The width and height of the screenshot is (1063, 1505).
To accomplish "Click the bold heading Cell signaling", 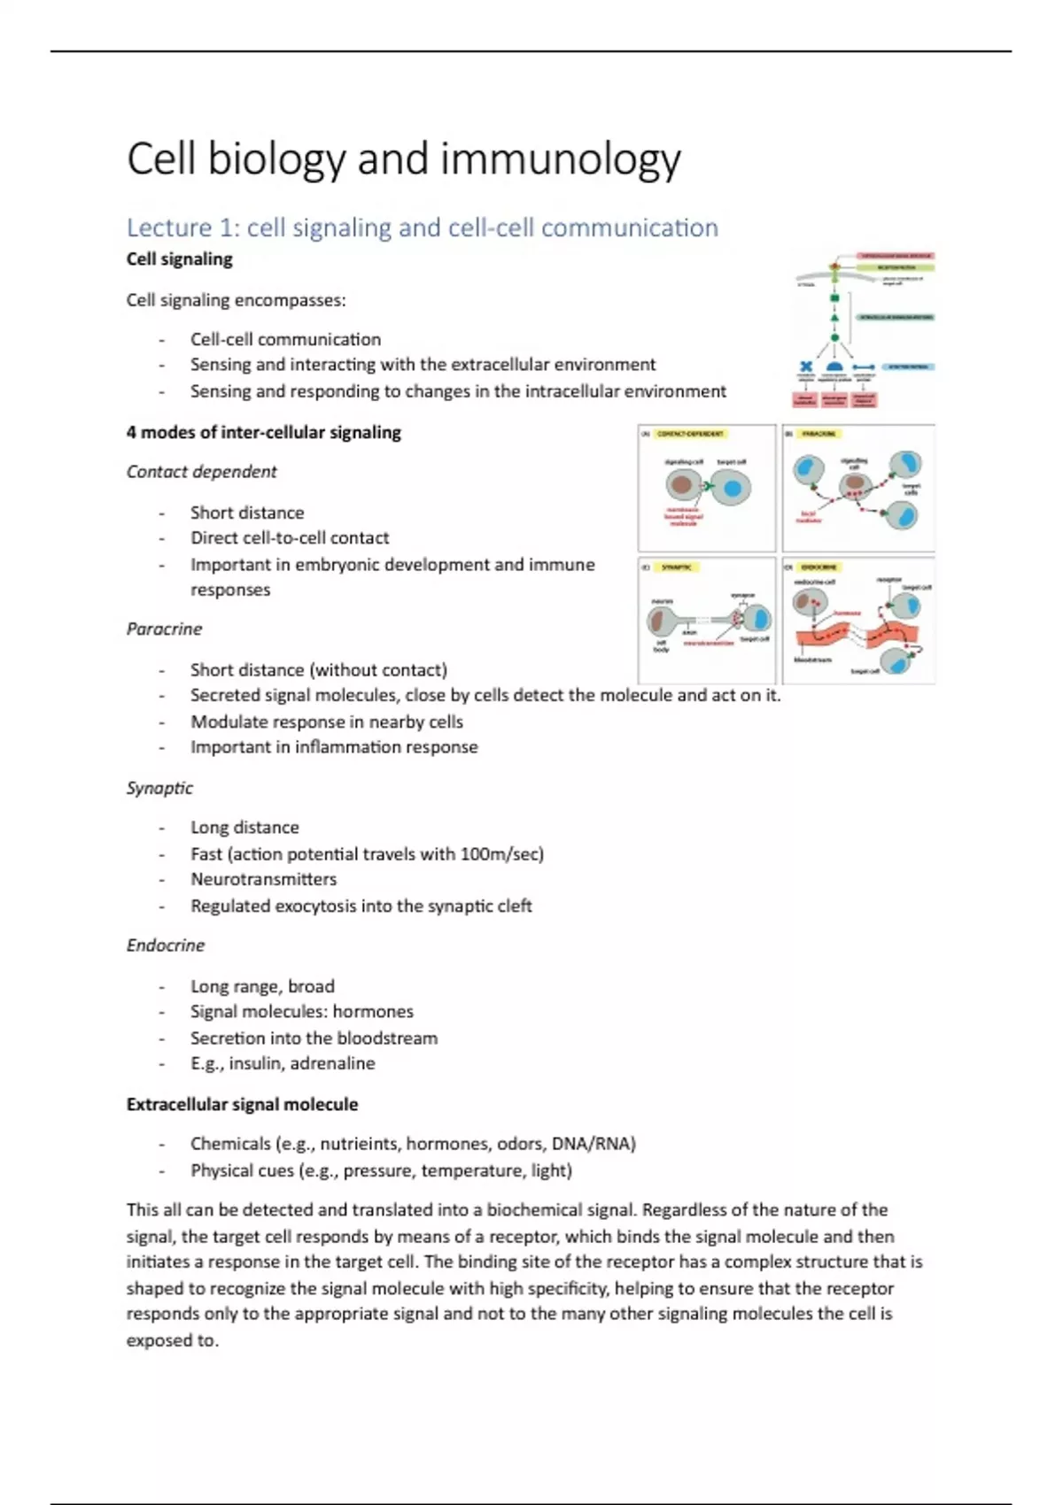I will [x=179, y=259].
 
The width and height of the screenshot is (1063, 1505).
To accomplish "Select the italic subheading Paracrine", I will [x=164, y=629].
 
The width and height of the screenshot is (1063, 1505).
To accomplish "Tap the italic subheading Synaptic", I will [x=159, y=788].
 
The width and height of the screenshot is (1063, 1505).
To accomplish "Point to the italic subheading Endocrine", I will [x=166, y=945].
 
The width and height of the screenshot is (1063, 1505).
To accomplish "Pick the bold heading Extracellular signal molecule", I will [x=242, y=1105].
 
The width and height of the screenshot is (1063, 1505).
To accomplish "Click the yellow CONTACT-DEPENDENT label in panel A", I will [x=690, y=435].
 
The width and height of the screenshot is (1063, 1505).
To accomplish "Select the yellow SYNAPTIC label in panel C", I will [x=677, y=567].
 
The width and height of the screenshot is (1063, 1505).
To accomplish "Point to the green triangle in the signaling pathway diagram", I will [x=834, y=317].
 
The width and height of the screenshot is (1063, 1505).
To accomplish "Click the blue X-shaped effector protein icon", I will [x=806, y=367].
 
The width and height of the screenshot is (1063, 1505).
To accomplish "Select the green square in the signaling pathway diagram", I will [x=834, y=298].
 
